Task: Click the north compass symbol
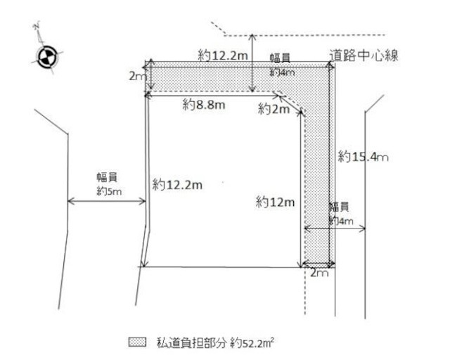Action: (x=46, y=58)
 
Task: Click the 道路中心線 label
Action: (x=364, y=55)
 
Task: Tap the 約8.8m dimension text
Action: (x=203, y=105)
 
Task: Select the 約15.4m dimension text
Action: (x=363, y=156)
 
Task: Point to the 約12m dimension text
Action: (x=275, y=202)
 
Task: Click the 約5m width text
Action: (x=108, y=190)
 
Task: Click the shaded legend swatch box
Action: (x=137, y=342)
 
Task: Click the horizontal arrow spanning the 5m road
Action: (x=105, y=203)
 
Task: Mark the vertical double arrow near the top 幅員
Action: (x=253, y=63)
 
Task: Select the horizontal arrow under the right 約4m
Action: (x=333, y=228)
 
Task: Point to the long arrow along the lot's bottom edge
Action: (x=221, y=266)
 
